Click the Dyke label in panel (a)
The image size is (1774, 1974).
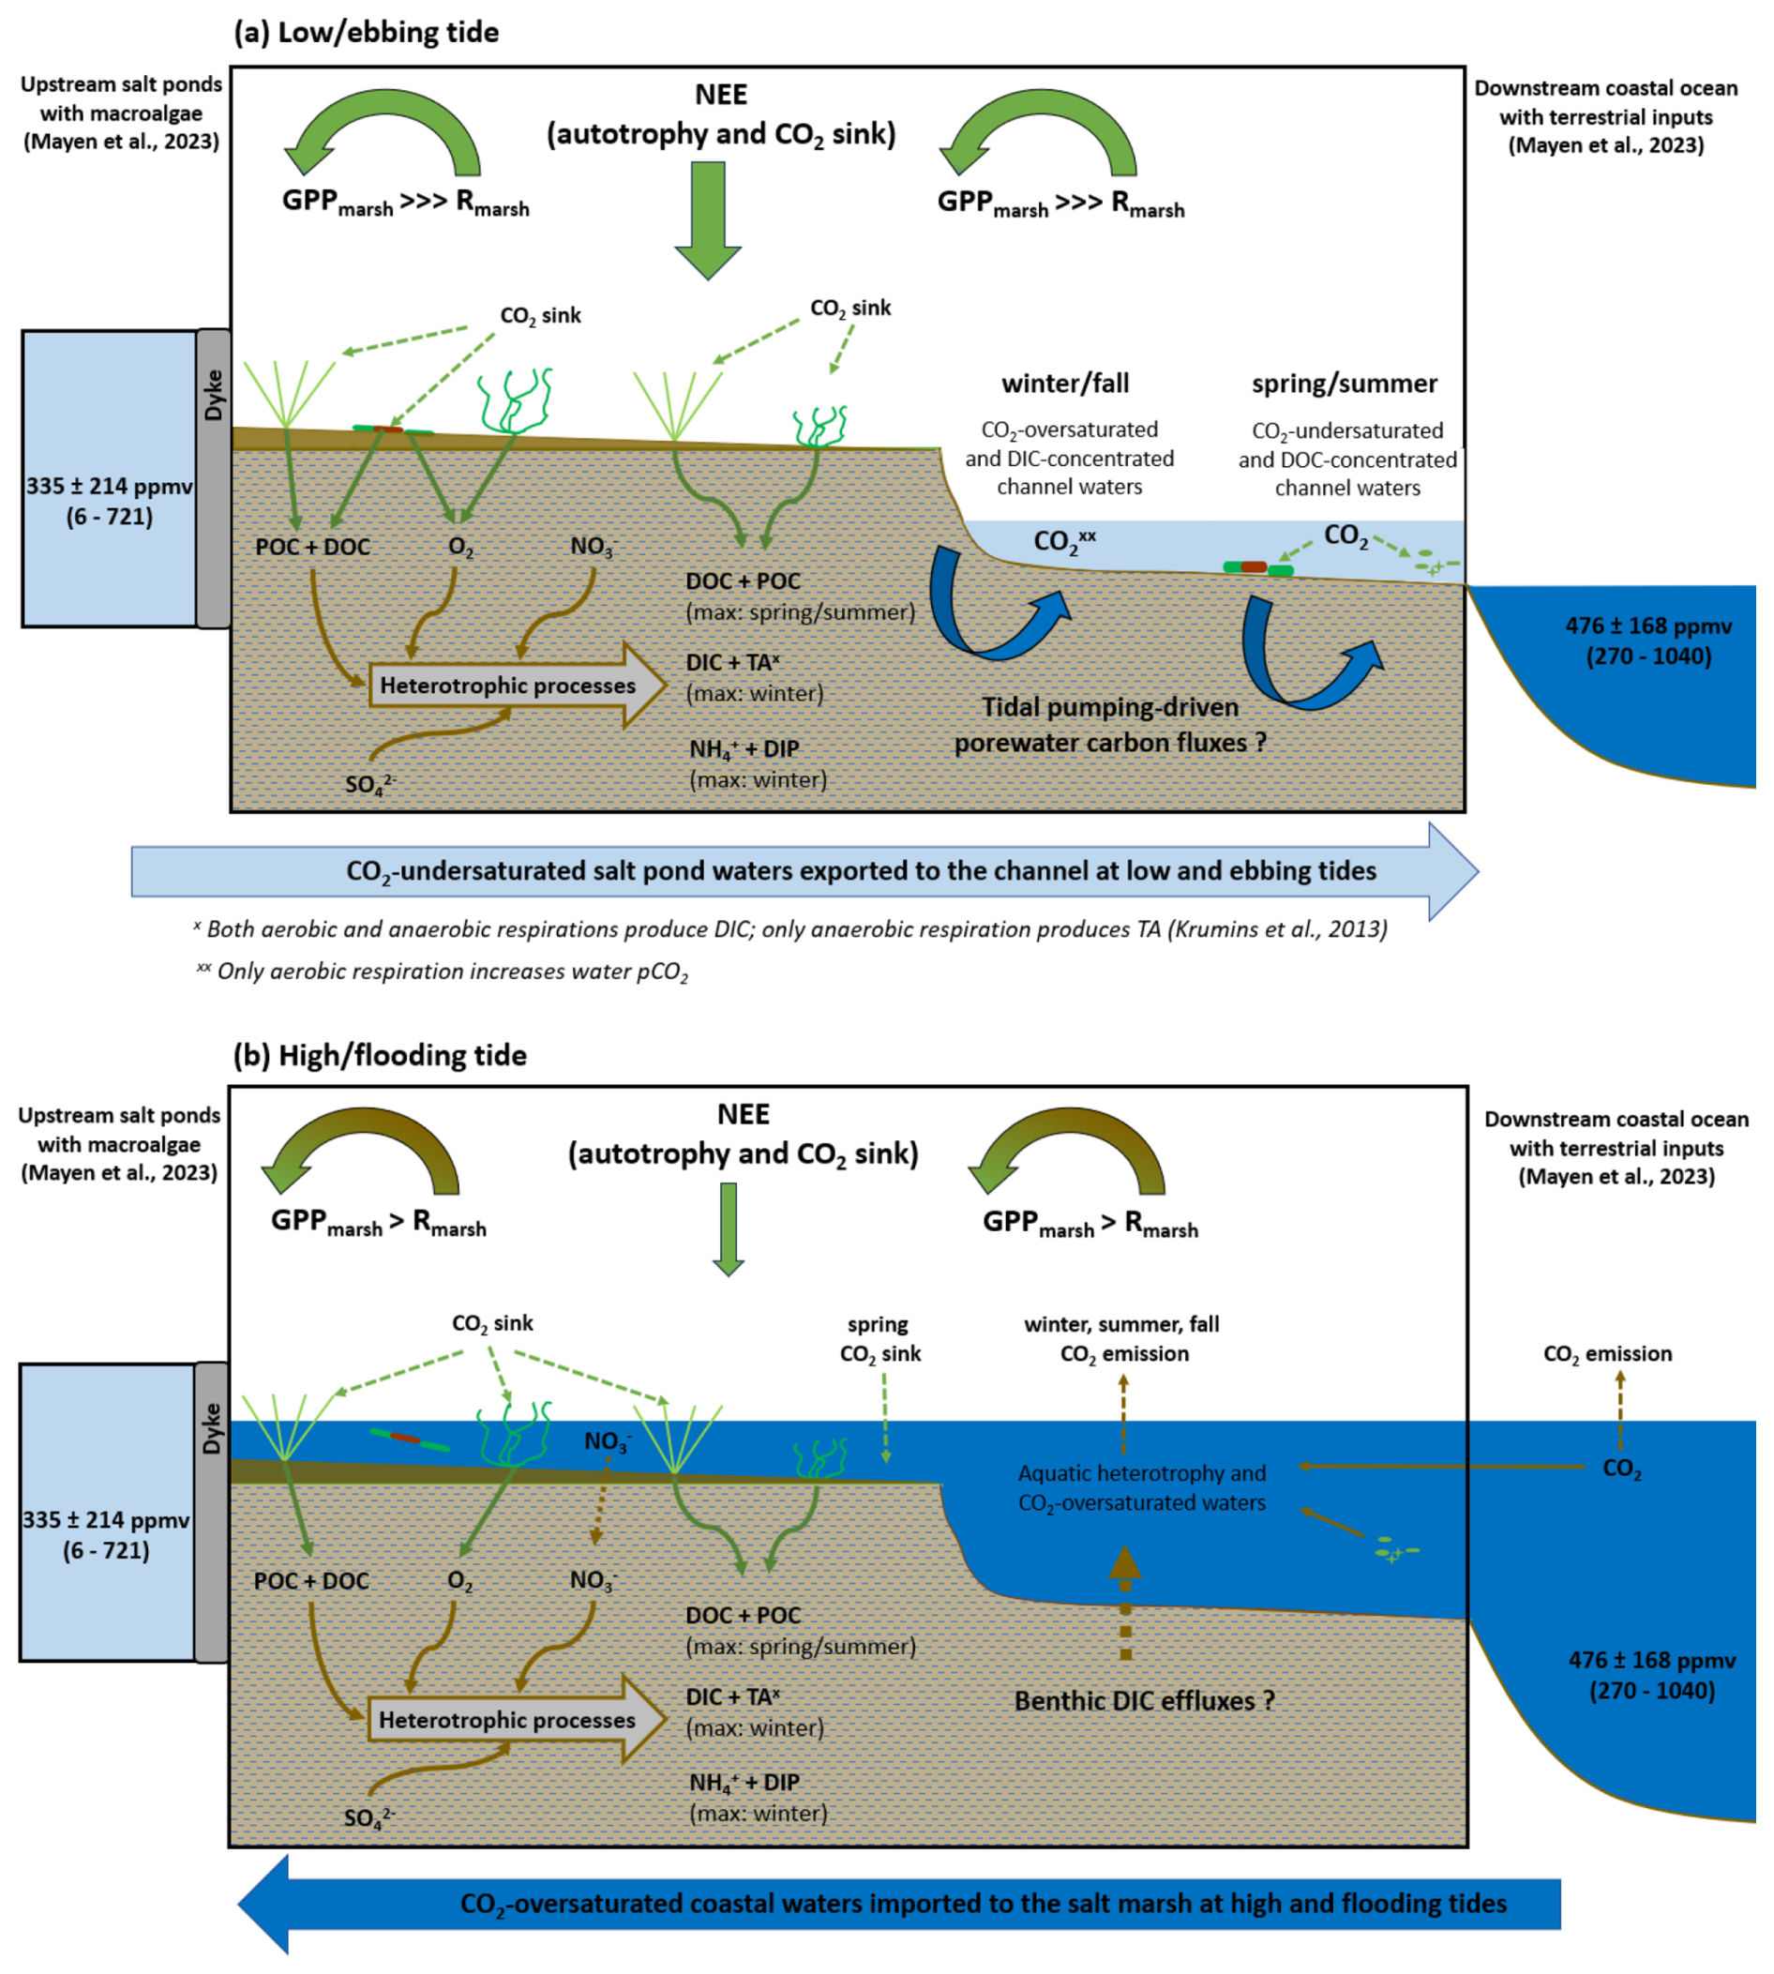[x=213, y=396]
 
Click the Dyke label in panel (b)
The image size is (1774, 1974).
[x=212, y=1428]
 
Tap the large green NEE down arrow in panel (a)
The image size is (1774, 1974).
[x=709, y=220]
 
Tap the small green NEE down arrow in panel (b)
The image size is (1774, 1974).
[x=729, y=1228]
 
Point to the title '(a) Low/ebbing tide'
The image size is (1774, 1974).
[x=367, y=32]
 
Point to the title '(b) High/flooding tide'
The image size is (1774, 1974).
[x=380, y=1055]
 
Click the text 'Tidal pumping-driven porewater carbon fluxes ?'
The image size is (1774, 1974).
[x=1109, y=725]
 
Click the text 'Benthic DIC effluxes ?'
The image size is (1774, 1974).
[x=1144, y=1701]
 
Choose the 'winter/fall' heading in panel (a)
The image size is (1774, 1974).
[x=1065, y=384]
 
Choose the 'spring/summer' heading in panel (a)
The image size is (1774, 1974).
[x=1345, y=384]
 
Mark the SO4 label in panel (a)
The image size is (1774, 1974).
[x=369, y=784]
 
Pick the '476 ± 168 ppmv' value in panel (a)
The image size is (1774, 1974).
[x=1648, y=625]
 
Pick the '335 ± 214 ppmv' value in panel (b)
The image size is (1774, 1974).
[x=106, y=1520]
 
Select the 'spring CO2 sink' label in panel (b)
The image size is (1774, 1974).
[x=880, y=1338]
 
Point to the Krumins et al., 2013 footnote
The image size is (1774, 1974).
[x=790, y=929]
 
